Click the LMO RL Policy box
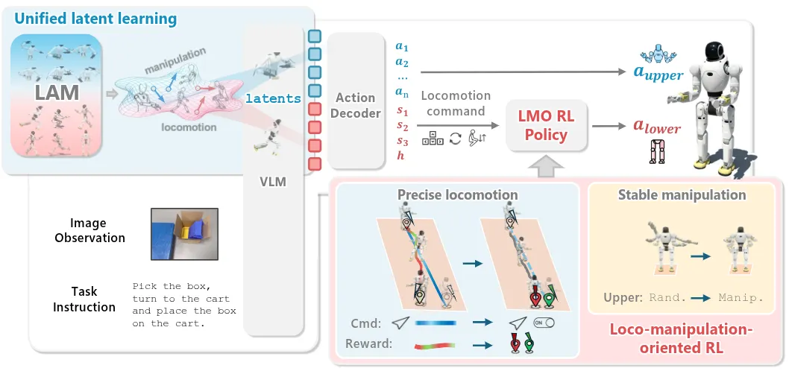pos(547,125)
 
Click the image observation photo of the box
pos(184,234)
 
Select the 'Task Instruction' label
pos(84,299)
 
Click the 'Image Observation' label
pos(88,230)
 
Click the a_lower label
pos(657,127)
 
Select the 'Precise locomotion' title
pos(458,195)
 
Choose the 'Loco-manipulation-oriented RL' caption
pos(677,336)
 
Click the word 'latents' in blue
pos(273,98)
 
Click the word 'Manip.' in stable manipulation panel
pos(741,297)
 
